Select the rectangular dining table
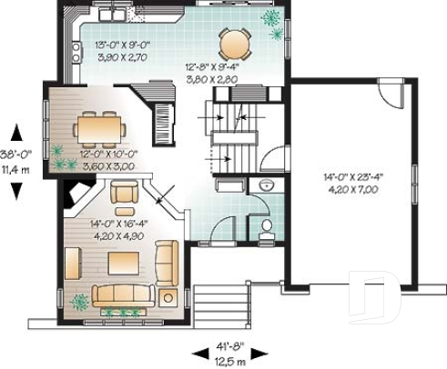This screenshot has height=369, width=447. click(x=98, y=128)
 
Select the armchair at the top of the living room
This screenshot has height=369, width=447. click(x=123, y=192)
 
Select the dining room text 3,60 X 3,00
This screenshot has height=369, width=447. click(x=109, y=166)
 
